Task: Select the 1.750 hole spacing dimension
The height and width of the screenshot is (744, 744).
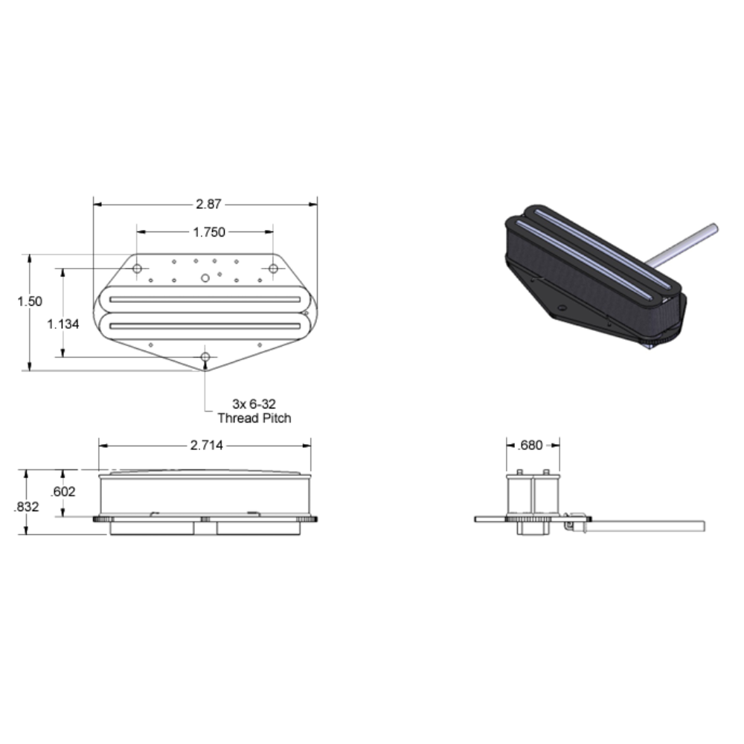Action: (x=208, y=232)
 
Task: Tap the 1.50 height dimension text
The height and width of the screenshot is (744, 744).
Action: (x=30, y=301)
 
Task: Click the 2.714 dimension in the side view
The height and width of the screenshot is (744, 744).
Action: (x=205, y=445)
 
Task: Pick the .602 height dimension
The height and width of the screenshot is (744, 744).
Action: (x=63, y=491)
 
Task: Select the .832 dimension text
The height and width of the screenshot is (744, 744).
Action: (x=27, y=507)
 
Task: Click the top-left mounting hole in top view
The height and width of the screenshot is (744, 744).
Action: (x=137, y=268)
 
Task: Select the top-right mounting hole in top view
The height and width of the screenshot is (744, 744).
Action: (x=273, y=268)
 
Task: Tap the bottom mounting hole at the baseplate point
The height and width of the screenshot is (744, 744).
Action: (x=205, y=358)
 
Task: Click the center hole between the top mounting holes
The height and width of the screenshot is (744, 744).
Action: (x=205, y=278)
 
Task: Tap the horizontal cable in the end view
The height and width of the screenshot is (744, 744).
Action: (x=647, y=525)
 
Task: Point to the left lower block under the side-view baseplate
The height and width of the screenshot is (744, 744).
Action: (x=153, y=528)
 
